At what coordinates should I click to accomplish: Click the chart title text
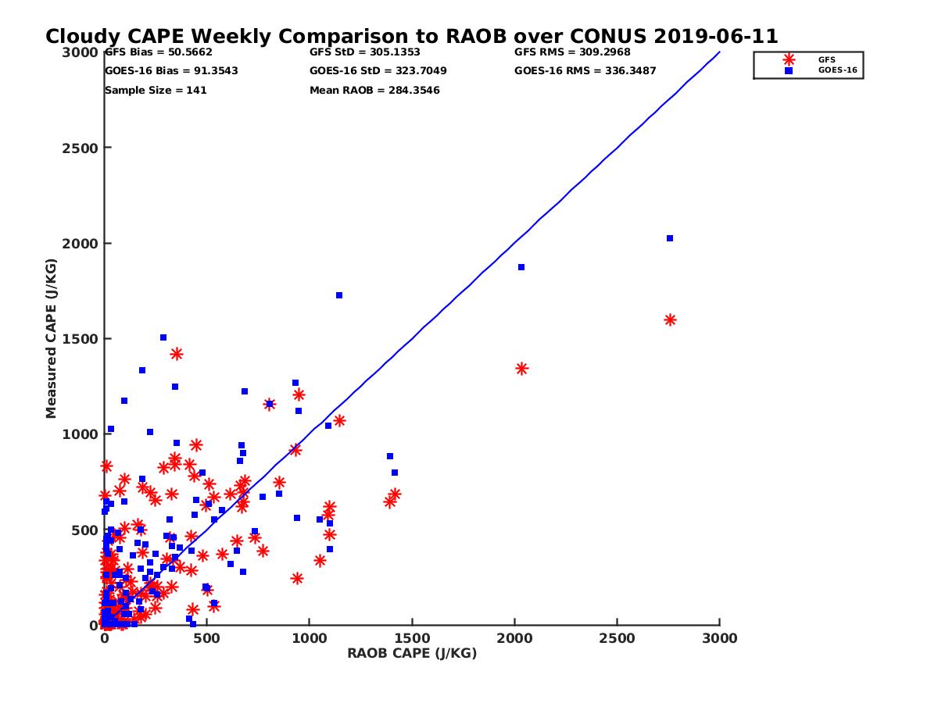pos(411,37)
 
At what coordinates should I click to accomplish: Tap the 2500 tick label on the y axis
pos(76,148)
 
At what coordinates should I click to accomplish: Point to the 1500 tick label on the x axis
pos(412,638)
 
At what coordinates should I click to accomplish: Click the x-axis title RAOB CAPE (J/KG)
pos(412,653)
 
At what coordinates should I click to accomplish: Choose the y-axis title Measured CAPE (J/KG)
pos(52,338)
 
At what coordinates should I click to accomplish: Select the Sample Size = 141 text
pos(156,90)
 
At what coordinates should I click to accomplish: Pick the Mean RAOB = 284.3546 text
pos(374,90)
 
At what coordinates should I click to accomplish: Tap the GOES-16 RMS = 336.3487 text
pos(585,71)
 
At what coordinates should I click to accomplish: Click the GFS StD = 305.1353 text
pos(365,52)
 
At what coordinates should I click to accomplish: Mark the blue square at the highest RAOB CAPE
pos(670,238)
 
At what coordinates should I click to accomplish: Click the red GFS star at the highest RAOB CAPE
pos(670,319)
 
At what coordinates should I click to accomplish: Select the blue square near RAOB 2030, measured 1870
pos(521,267)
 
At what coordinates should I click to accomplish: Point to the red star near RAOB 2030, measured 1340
pos(521,369)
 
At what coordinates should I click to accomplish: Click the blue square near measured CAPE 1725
pos(339,295)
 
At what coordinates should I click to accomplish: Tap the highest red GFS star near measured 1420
pos(177,354)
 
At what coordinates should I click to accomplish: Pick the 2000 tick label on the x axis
pos(514,638)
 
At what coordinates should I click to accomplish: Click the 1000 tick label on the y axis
pos(76,434)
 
